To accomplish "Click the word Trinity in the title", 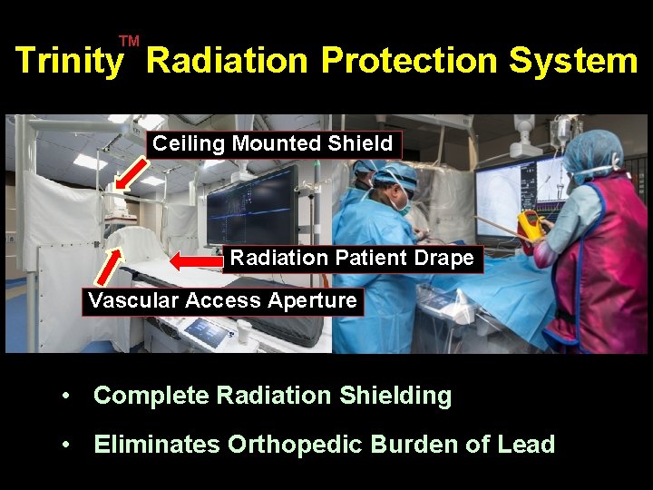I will click(x=69, y=61).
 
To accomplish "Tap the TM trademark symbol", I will click(x=129, y=41).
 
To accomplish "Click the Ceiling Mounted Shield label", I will click(x=273, y=143).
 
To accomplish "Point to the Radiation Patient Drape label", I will click(x=352, y=258).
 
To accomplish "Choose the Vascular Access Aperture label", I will click(x=222, y=300).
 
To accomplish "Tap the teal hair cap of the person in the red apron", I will click(x=590, y=151).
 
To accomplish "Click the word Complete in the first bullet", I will click(x=151, y=396).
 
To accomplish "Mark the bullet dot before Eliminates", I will click(x=66, y=445).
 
